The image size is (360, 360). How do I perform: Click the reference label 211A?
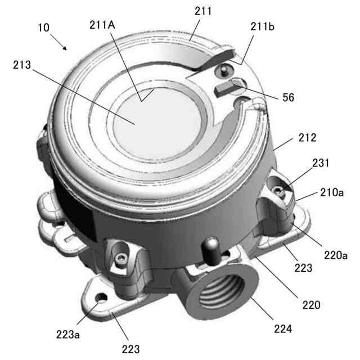point(102,25)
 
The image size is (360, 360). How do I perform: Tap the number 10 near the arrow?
point(43,28)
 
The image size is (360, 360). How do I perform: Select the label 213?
point(22,65)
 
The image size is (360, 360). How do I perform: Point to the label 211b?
point(262,26)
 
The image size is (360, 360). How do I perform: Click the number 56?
point(288,97)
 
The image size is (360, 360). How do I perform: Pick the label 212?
point(308,137)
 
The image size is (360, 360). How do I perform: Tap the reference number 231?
point(321,163)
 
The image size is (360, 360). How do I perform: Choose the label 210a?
point(332,192)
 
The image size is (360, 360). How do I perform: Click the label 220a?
point(336,255)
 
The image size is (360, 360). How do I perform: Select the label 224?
point(283,328)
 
